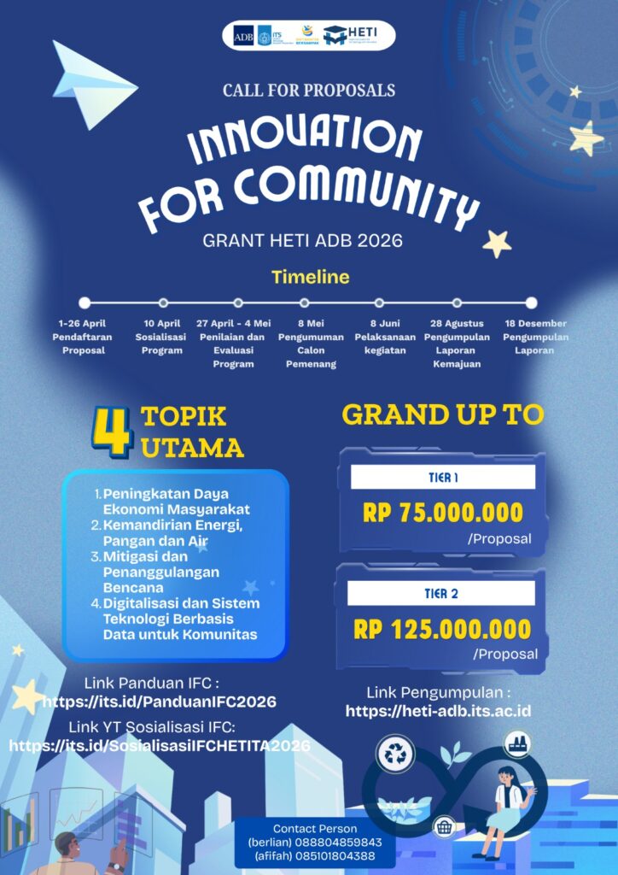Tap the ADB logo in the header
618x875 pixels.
(243, 36)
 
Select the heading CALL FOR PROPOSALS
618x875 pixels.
(309, 91)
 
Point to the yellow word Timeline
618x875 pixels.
(311, 277)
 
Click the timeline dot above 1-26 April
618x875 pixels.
(84, 302)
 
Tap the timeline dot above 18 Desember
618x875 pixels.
(531, 302)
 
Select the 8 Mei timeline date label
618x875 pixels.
(305, 324)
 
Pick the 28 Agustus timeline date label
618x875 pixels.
(458, 324)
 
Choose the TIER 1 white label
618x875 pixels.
(442, 477)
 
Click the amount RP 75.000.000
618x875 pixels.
(442, 513)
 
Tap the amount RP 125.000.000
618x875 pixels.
(442, 630)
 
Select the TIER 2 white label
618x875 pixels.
(442, 593)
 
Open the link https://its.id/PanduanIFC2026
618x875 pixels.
(159, 702)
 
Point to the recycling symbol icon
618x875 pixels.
(397, 754)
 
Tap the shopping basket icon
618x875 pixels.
(443, 826)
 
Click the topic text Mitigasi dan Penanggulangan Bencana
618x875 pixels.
(162, 572)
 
